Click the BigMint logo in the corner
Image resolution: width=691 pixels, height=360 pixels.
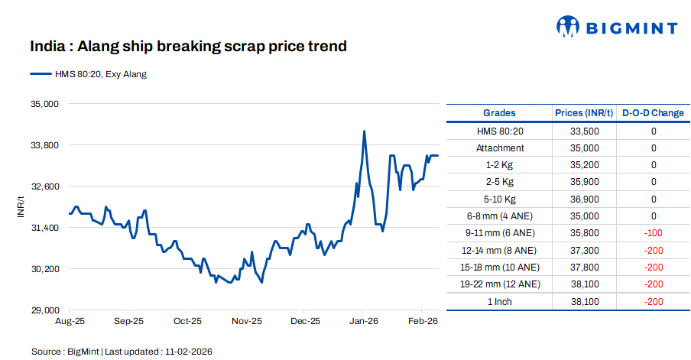(617, 28)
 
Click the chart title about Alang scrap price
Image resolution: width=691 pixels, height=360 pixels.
(188, 47)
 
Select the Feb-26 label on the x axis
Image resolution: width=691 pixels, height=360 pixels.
(423, 322)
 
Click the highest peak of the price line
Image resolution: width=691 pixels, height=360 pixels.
(364, 131)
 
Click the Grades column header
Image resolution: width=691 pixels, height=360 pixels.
(499, 113)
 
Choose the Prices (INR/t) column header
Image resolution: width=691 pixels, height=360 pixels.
(584, 113)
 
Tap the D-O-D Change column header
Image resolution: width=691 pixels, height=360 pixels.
(653, 113)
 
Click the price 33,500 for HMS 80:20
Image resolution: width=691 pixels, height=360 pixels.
(584, 131)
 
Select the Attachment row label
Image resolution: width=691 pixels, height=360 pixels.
(500, 148)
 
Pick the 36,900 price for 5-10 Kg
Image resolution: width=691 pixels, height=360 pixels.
(584, 199)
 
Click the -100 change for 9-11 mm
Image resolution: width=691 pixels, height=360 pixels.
(653, 232)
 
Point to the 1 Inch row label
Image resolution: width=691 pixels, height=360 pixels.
(500, 301)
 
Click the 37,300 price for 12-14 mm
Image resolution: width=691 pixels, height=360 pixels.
(584, 250)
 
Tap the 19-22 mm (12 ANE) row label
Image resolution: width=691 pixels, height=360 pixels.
(500, 284)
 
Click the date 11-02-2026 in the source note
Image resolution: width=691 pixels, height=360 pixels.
(188, 352)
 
